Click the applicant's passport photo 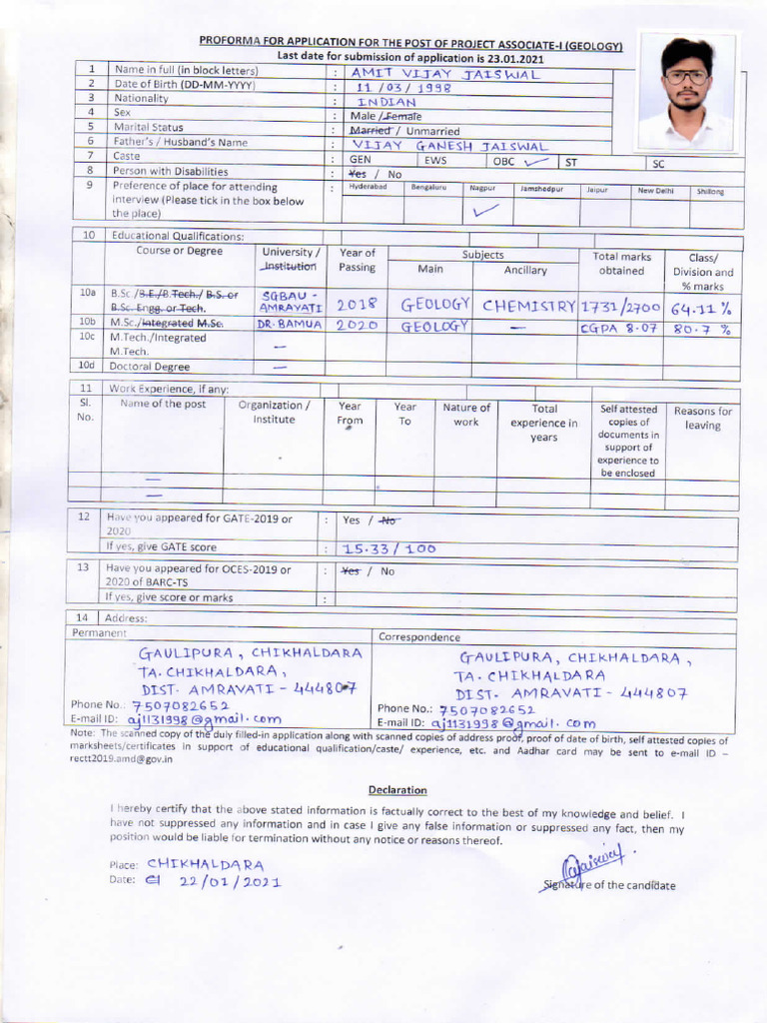click(687, 92)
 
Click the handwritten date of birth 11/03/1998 click(405, 87)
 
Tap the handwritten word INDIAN click(386, 102)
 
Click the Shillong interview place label click(711, 191)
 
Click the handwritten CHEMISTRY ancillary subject click(529, 306)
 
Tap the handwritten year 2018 click(357, 306)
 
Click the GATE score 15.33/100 click(389, 548)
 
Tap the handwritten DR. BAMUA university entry click(290, 326)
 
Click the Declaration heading click(397, 789)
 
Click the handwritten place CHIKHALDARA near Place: click(206, 864)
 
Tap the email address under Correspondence click(512, 722)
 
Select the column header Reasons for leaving click(703, 418)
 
